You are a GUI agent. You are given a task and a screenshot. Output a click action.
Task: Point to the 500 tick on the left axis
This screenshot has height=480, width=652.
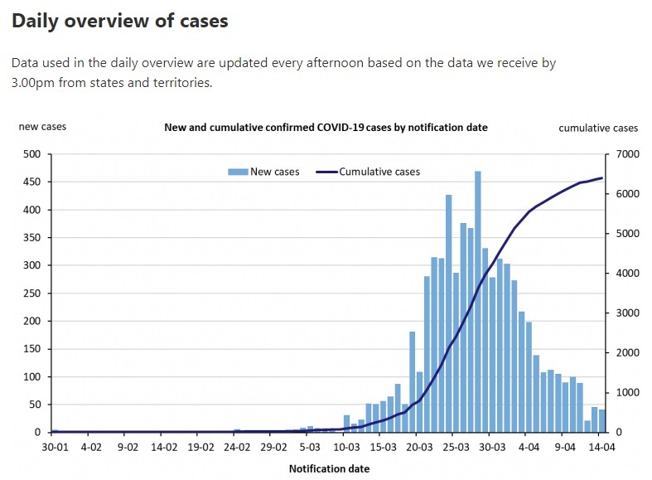click(x=32, y=154)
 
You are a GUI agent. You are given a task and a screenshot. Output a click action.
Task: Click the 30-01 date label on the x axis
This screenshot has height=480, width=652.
click(x=55, y=447)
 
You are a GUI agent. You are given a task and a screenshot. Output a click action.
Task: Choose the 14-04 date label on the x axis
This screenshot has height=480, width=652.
click(x=602, y=447)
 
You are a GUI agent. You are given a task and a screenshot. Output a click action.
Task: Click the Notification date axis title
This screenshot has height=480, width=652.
click(x=329, y=468)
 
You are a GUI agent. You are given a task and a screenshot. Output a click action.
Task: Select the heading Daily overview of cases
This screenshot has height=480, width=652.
click(x=120, y=22)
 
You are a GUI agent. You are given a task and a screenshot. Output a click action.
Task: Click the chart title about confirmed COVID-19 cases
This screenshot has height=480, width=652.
click(x=326, y=128)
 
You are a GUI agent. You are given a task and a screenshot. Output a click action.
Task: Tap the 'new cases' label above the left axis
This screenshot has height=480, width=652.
click(x=42, y=127)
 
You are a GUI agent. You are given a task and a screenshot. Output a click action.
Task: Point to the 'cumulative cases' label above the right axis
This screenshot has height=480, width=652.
click(x=598, y=128)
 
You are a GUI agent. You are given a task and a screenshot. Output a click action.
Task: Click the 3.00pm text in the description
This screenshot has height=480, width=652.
click(x=36, y=84)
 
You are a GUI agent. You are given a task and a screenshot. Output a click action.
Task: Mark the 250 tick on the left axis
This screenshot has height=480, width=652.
click(x=32, y=293)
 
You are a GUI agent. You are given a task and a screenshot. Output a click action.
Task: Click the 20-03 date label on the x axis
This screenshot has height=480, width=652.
click(x=419, y=447)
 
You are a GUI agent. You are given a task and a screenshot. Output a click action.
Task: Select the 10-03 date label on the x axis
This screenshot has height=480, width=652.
click(x=346, y=447)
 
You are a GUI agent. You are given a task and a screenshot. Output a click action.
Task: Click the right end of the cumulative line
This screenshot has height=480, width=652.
click(x=602, y=178)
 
